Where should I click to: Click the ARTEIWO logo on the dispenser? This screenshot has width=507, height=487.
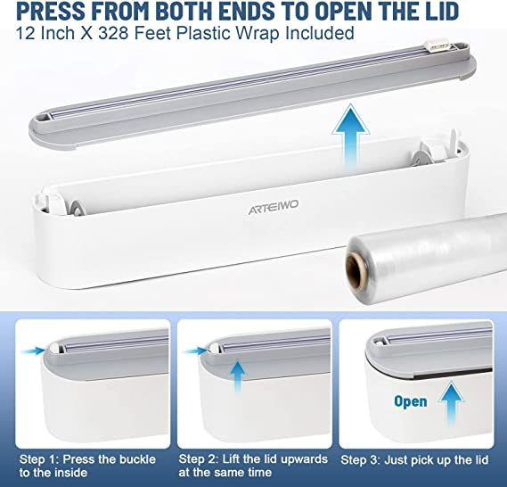274,207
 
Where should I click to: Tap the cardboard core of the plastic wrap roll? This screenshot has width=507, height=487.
355,271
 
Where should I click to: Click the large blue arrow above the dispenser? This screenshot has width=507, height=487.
351,137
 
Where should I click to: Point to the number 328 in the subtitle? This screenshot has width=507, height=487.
113,33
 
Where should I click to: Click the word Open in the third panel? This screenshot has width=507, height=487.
411,401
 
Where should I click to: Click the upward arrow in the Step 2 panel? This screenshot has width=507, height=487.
238,377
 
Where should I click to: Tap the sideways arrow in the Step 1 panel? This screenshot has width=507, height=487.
32,351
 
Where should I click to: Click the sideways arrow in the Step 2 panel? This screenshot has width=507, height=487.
196,351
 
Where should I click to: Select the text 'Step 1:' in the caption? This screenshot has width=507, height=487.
39,459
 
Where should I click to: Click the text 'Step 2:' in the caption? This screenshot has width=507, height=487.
198,459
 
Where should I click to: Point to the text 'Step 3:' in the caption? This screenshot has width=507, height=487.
360,460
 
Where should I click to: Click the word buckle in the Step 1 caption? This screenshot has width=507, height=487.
137,459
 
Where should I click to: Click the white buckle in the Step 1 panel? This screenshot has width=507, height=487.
53,348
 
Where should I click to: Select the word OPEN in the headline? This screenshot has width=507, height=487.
343,11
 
